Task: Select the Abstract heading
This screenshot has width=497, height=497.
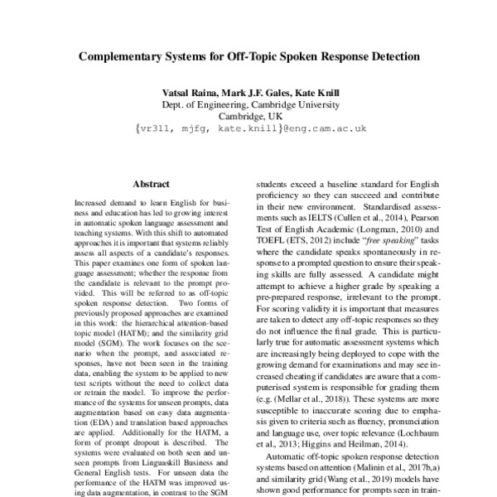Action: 150,185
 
